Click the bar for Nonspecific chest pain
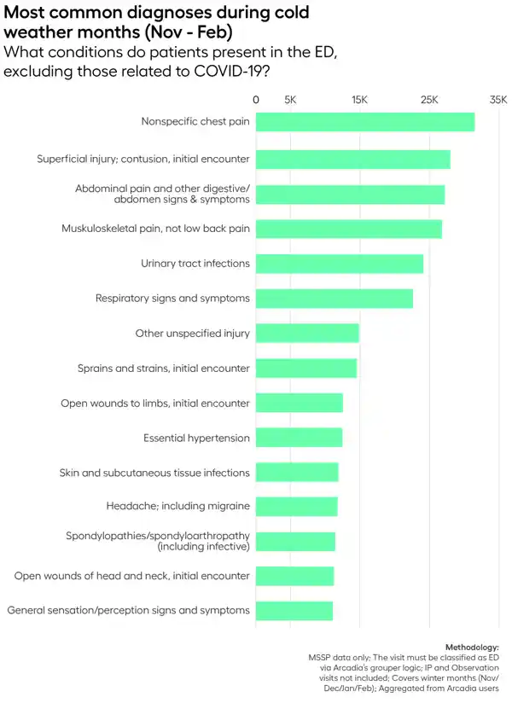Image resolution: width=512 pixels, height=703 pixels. (365, 122)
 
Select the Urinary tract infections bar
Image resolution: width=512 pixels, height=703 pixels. (340, 264)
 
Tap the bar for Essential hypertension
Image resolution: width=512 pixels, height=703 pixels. (300, 438)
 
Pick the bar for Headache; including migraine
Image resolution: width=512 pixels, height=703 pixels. (297, 506)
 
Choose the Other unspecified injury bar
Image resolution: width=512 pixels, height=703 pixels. (307, 333)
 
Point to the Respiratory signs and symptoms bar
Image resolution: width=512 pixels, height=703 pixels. (335, 299)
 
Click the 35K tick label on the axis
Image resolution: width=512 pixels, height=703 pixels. (497, 100)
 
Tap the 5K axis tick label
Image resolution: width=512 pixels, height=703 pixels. (290, 100)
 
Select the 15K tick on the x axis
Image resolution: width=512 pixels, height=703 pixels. (359, 100)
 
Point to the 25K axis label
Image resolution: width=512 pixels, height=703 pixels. (428, 100)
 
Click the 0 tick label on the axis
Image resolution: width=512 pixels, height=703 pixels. (256, 100)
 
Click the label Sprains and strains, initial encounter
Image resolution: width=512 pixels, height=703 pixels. (164, 369)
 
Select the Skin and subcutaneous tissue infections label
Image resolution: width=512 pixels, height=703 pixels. (154, 473)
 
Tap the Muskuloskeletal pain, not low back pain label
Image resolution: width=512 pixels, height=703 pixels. (155, 229)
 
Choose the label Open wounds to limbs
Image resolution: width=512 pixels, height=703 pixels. (155, 403)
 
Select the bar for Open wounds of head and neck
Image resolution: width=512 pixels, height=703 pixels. (295, 576)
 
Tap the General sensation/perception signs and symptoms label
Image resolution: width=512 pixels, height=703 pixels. (128, 610)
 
